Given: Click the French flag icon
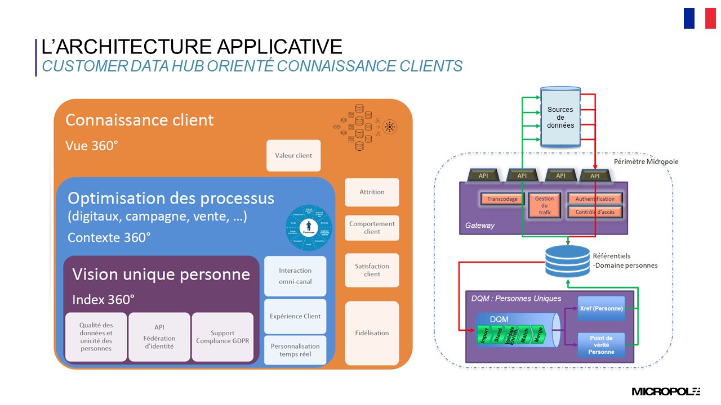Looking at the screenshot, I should coord(700,18).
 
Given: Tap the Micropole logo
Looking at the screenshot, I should coord(665,391).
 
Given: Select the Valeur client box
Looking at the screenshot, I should coord(293,156).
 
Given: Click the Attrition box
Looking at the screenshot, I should coord(372,192).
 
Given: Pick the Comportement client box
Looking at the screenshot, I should coord(372,228).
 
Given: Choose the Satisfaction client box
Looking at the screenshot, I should coord(372,271).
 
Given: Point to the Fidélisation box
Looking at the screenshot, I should coord(372,333).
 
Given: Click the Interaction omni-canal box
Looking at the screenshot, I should coord(295,276).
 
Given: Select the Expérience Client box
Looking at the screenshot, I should coord(295,316).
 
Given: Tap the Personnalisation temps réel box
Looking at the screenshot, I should coord(295,350).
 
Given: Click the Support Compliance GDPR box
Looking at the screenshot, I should coord(222,337).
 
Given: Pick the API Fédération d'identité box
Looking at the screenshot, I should coord(159,337).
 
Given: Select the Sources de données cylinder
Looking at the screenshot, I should coord(560,117).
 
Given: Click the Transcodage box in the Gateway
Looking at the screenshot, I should coord(502,199).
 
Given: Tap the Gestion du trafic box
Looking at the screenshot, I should coord(544,206).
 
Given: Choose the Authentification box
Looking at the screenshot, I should coord(595,199).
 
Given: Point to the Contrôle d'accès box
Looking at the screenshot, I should coord(595,212).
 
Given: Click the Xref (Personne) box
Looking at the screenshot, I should coord(601,308).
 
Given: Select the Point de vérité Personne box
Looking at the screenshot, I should coord(601,345).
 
